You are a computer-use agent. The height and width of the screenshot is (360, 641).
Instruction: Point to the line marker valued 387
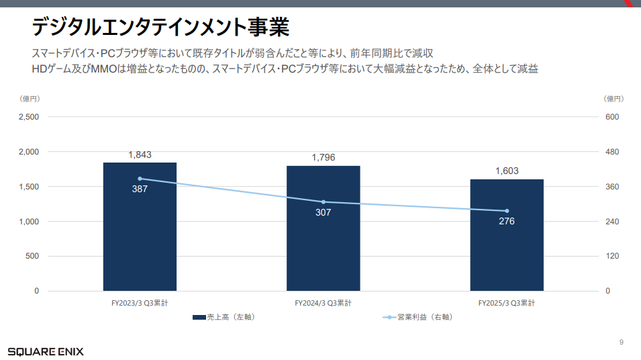coord(140,179)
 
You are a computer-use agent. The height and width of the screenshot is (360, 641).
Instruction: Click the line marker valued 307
coord(324,201)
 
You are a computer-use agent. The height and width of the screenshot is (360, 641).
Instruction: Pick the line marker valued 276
coord(507,211)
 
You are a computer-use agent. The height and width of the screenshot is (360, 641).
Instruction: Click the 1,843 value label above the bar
coord(140,154)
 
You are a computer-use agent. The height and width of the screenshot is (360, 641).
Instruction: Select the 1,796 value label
coord(324,158)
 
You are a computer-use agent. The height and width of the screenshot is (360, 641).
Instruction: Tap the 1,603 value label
coord(507,171)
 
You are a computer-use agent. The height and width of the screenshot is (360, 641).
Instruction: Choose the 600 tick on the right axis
coord(612,117)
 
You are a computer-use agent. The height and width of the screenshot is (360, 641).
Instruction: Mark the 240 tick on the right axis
coord(612,222)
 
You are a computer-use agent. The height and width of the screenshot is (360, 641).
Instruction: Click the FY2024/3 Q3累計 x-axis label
coord(324,303)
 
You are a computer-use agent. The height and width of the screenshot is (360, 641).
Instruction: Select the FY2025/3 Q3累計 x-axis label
coord(507,303)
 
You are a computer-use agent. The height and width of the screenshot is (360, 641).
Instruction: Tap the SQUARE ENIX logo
coord(46,351)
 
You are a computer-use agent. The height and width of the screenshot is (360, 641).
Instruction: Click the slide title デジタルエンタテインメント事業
coord(160,28)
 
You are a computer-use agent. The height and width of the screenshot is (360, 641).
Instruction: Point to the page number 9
coord(621,343)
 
